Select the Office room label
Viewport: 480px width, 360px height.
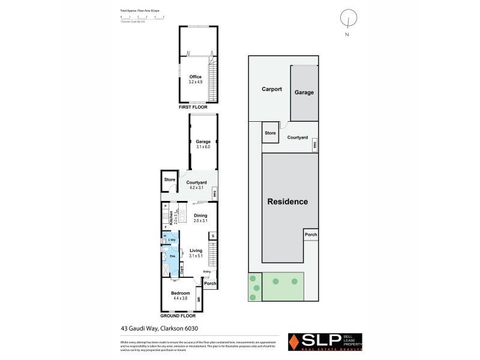(196, 77)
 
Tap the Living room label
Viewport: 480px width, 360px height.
(196, 251)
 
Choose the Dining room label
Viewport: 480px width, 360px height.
(200, 215)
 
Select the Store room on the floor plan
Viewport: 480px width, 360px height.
(169, 179)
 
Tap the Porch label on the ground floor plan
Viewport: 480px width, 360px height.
(209, 284)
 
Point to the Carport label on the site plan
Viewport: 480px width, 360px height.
(272, 89)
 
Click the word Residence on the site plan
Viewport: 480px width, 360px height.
(287, 202)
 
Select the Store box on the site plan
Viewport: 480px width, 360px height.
(270, 133)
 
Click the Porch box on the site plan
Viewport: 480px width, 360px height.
(310, 235)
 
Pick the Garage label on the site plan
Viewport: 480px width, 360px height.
(304, 92)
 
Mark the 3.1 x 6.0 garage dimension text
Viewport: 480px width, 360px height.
(202, 146)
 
